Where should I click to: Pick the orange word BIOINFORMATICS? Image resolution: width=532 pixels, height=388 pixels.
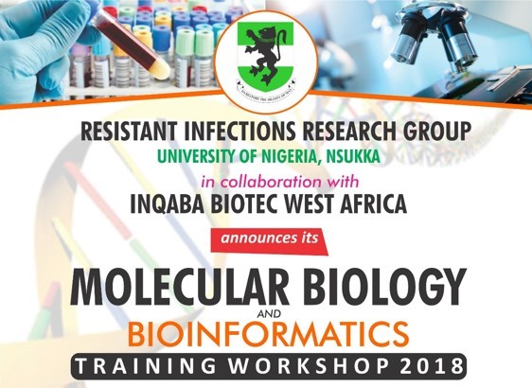pyautogui.click(x=267, y=333)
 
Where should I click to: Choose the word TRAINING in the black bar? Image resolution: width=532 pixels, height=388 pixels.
pyautogui.click(x=149, y=364)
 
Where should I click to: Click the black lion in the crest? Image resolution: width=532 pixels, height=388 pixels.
pyautogui.click(x=265, y=49)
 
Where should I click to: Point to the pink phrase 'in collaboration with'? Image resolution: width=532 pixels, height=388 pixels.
pyautogui.click(x=267, y=179)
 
